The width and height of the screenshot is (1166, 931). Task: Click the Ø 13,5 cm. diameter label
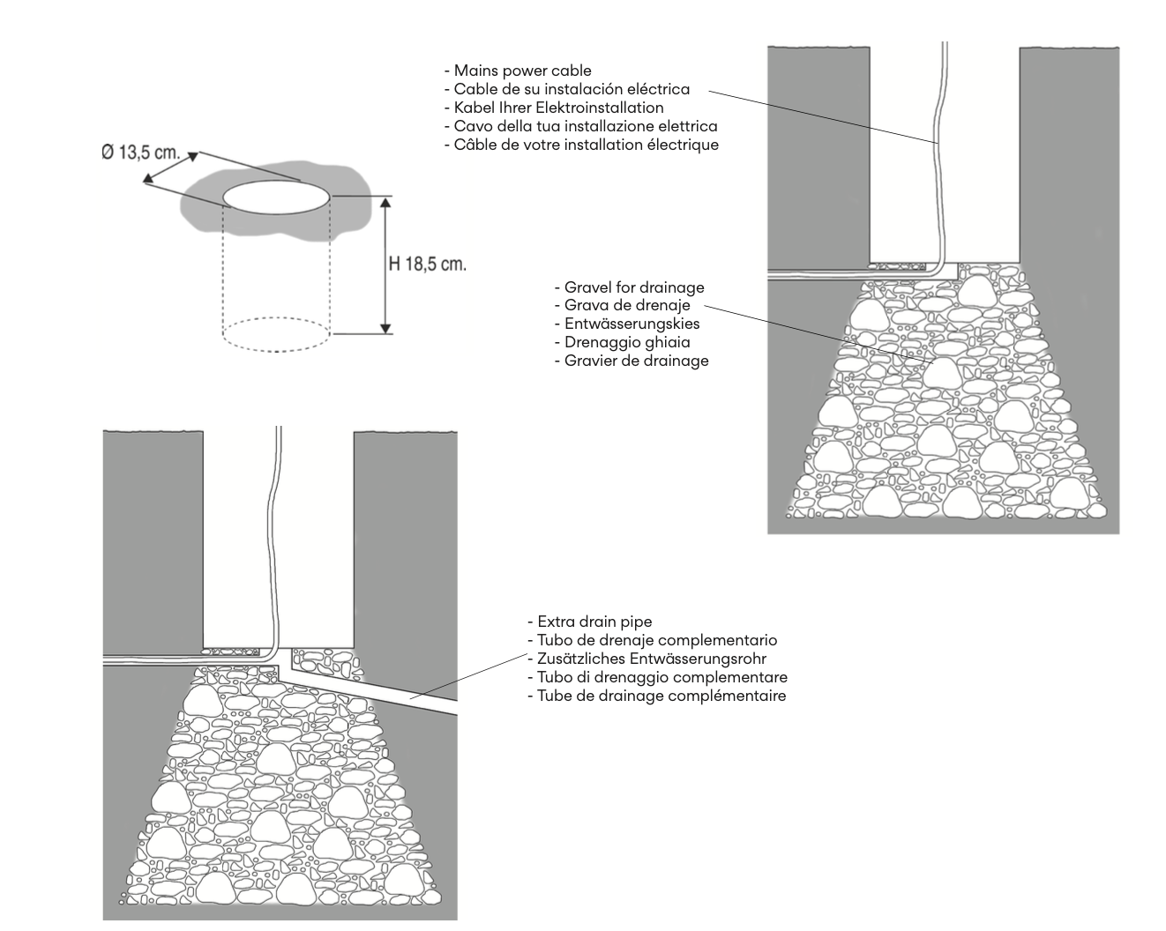(x=139, y=153)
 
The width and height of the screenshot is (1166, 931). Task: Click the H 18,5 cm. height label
(x=427, y=264)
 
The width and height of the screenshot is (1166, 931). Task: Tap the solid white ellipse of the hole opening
(x=277, y=196)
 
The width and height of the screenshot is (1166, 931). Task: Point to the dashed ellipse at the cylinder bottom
(x=275, y=334)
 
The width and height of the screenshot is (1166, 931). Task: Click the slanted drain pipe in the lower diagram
(x=388, y=693)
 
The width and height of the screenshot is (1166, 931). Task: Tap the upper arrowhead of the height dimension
(x=385, y=202)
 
